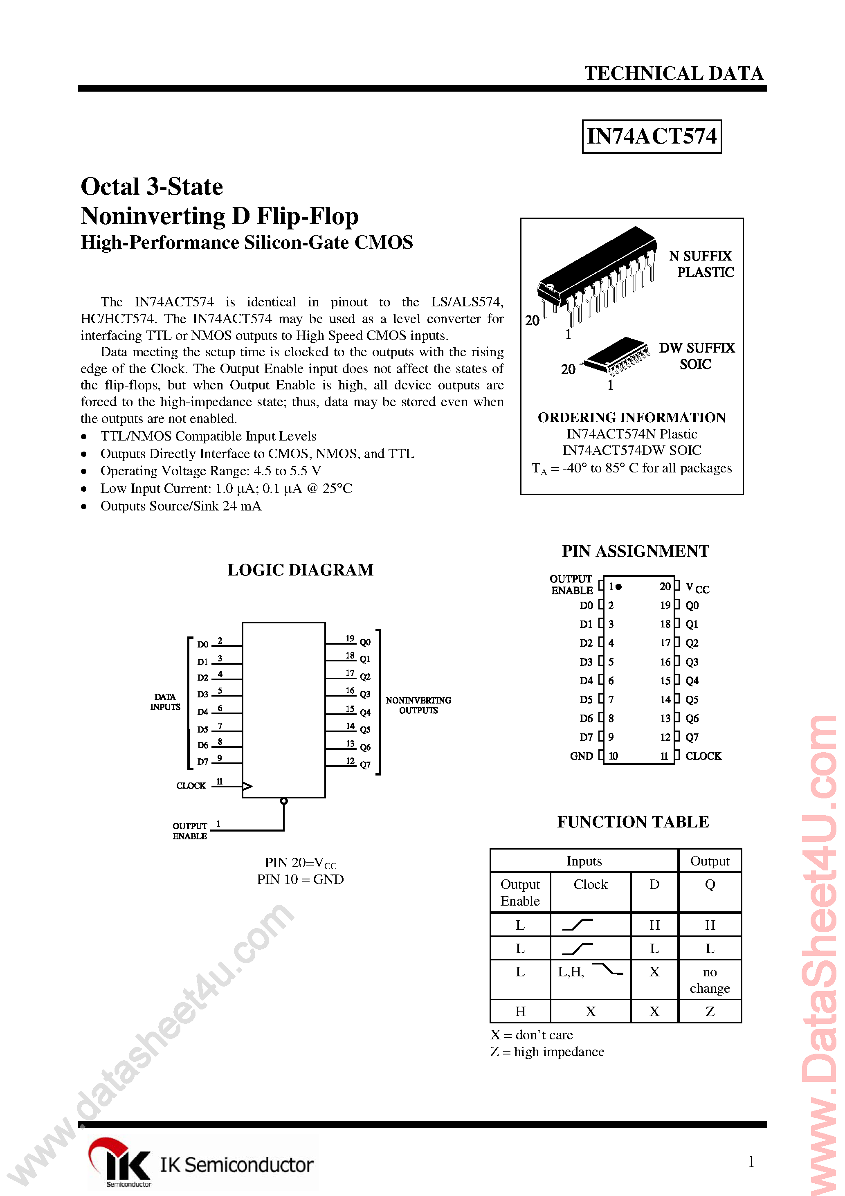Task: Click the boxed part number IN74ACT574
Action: click(651, 137)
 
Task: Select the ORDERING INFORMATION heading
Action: click(632, 417)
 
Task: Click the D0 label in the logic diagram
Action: click(202, 644)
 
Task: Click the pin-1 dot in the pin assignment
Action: click(618, 587)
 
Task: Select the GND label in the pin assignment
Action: click(581, 756)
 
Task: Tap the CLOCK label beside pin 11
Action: click(703, 756)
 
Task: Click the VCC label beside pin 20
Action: click(697, 588)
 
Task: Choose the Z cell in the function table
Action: click(710, 1011)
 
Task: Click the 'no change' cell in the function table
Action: click(710, 980)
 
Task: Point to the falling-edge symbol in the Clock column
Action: click(607, 969)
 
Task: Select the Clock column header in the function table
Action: click(590, 884)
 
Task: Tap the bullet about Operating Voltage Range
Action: click(211, 471)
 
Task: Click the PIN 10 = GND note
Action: click(300, 879)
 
